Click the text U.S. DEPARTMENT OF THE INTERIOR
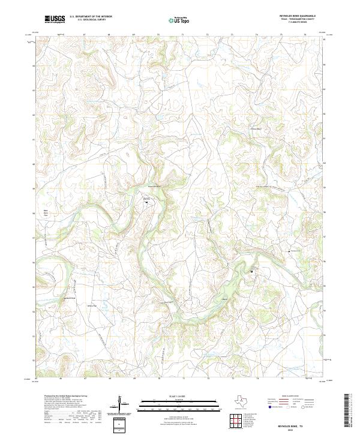(x=91, y=17)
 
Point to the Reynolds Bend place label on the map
(x=155, y=187)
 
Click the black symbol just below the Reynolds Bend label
(x=145, y=202)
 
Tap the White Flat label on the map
(x=93, y=305)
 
